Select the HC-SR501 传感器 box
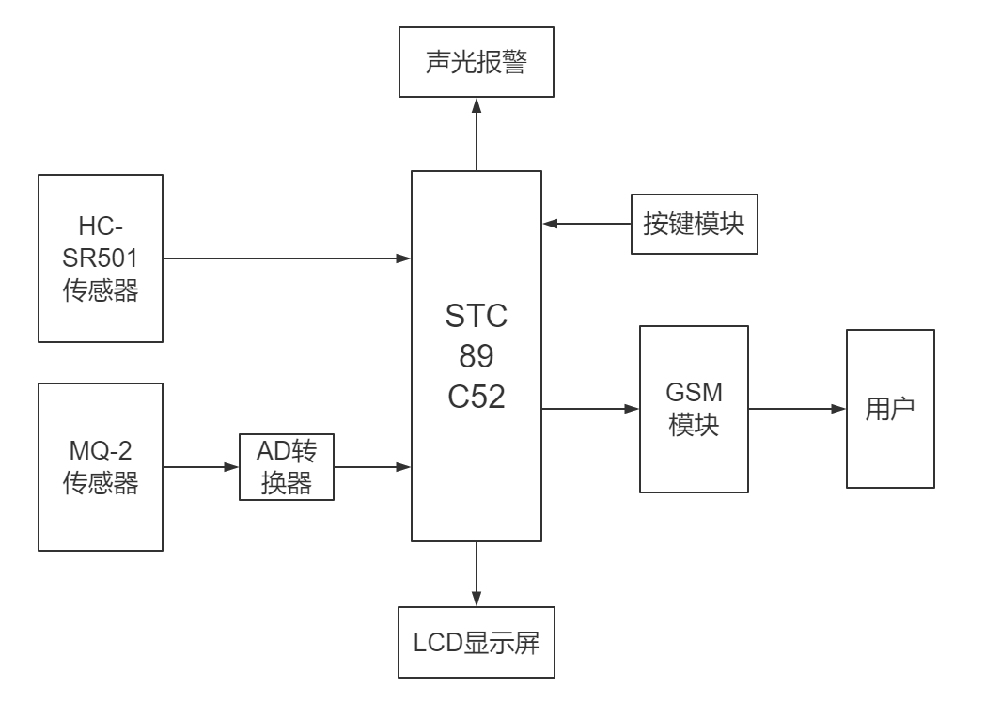pyautogui.click(x=101, y=257)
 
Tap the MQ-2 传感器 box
pyautogui.click(x=101, y=466)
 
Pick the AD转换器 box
pyautogui.click(x=287, y=466)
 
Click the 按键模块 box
pyautogui.click(x=694, y=225)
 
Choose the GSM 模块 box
pyautogui.click(x=694, y=409)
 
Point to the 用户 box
pyautogui.click(x=890, y=409)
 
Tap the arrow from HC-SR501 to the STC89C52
pyautogui.click(x=287, y=257)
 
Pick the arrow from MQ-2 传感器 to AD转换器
pyautogui.click(x=200, y=466)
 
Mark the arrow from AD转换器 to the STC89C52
pyautogui.click(x=372, y=466)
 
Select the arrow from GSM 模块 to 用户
pyautogui.click(x=797, y=409)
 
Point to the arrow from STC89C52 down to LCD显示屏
pyautogui.click(x=477, y=573)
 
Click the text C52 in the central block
pyautogui.click(x=477, y=396)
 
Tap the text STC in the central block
pyautogui.click(x=477, y=316)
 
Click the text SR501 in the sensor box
pyautogui.click(x=101, y=258)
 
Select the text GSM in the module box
pyautogui.click(x=694, y=393)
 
